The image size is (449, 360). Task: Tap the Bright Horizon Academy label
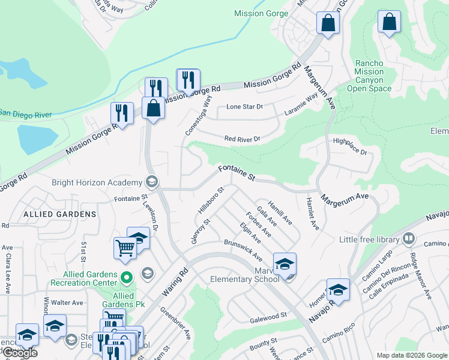[98, 182]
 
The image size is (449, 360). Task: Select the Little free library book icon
[409, 239]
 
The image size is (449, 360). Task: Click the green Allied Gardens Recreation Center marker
[126, 277]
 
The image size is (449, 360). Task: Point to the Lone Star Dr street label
[244, 107]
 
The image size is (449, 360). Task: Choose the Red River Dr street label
[242, 139]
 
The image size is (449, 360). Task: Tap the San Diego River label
[25, 113]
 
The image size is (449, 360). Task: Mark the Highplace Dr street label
[349, 146]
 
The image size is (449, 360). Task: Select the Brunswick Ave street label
[243, 250]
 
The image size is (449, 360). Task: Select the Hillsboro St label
[211, 201]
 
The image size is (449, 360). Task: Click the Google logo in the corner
[19, 353]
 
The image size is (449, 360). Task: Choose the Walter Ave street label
[67, 303]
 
